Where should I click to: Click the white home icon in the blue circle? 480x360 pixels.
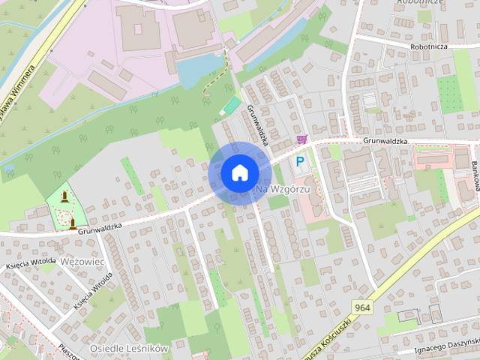(x=239, y=172)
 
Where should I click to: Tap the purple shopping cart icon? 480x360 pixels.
(x=301, y=139)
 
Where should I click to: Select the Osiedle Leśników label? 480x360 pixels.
(x=129, y=349)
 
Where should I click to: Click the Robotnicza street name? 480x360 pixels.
(x=430, y=46)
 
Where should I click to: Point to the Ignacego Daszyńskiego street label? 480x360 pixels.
(x=447, y=346)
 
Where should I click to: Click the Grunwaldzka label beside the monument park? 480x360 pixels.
(x=99, y=227)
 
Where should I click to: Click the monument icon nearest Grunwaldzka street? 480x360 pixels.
(x=73, y=222)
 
